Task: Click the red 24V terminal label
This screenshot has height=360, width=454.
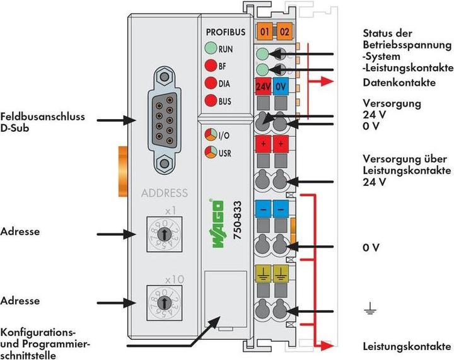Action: tap(264, 87)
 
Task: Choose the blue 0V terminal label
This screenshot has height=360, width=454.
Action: tap(282, 87)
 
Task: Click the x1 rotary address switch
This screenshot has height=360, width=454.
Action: tap(164, 233)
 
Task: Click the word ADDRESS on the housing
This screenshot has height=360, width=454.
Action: tap(165, 193)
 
